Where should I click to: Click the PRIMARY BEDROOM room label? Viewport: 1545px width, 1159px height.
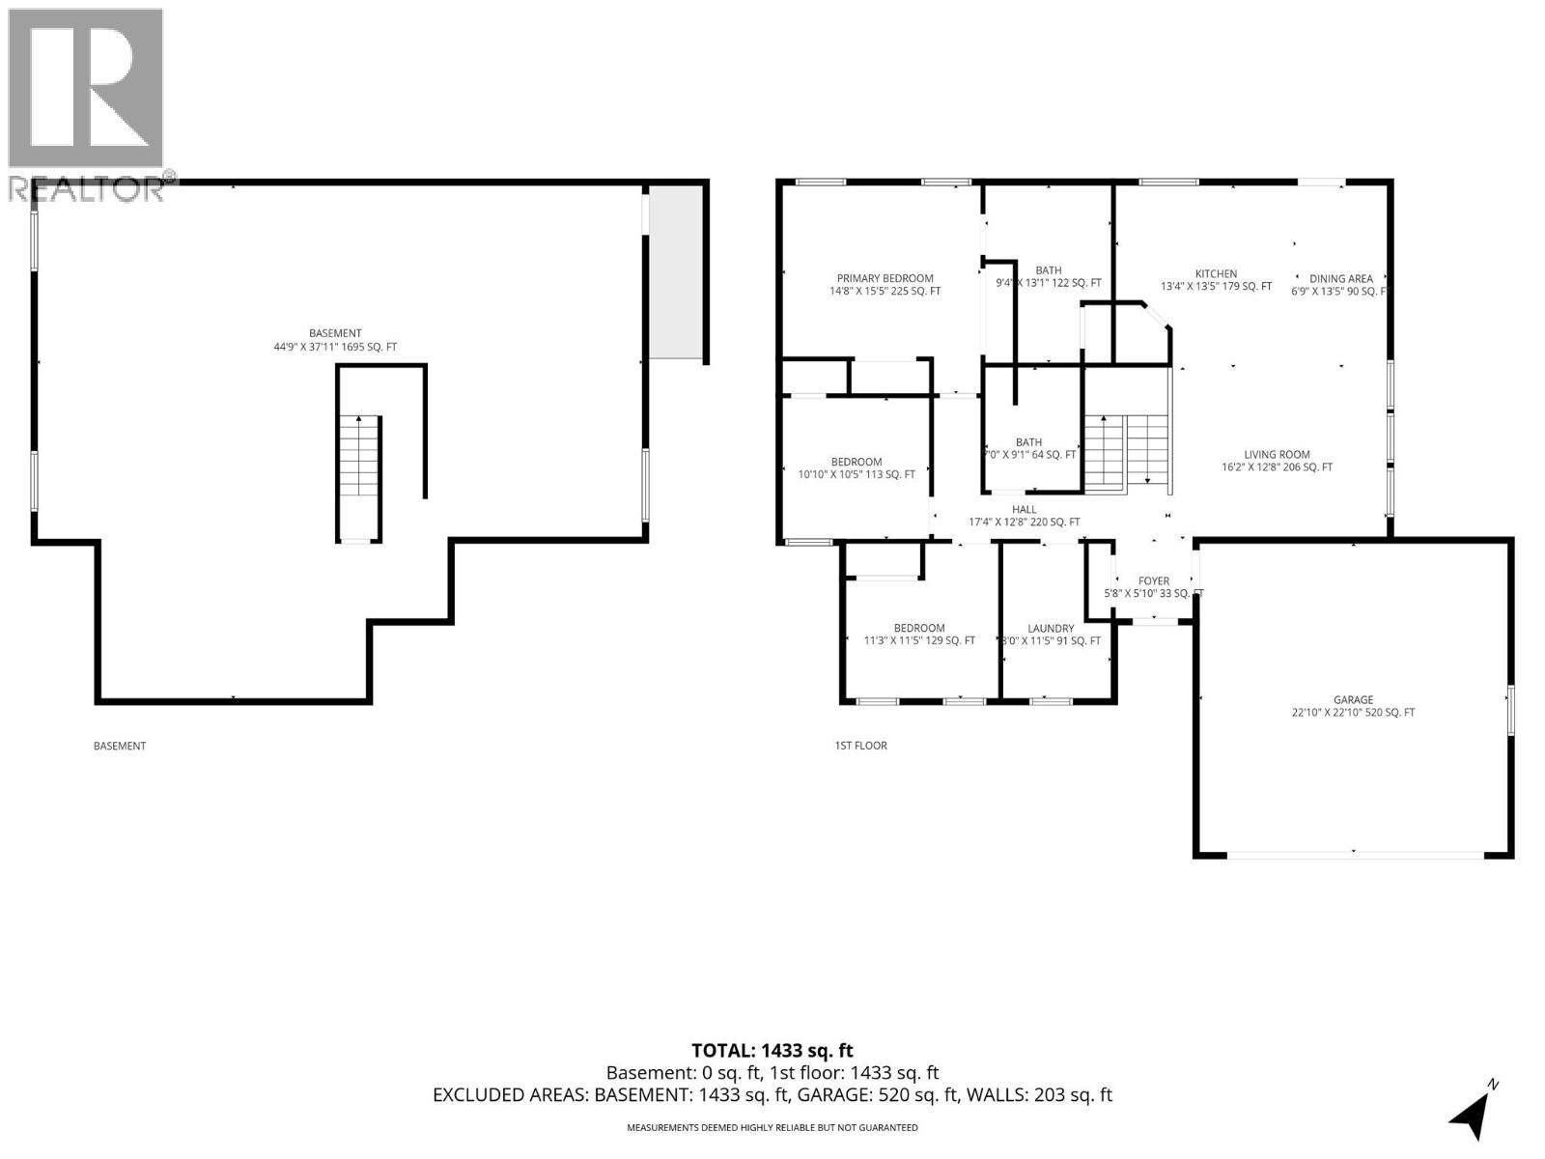pyautogui.click(x=885, y=278)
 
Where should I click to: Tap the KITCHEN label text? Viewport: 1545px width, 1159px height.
pyautogui.click(x=1216, y=274)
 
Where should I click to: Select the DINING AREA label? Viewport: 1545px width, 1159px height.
pyautogui.click(x=1340, y=279)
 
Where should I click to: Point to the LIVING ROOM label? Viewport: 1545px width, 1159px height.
pyautogui.click(x=1277, y=455)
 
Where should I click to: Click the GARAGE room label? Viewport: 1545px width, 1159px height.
pyautogui.click(x=1353, y=700)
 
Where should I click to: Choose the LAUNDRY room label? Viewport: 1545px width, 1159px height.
pyautogui.click(x=1051, y=629)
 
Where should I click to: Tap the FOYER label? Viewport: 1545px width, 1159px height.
pyautogui.click(x=1153, y=581)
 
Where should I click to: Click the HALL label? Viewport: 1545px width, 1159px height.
pyautogui.click(x=1025, y=510)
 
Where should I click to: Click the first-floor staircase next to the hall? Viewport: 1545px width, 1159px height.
pyautogui.click(x=1127, y=452)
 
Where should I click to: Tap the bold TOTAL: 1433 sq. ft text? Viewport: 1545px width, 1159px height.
pyautogui.click(x=772, y=1051)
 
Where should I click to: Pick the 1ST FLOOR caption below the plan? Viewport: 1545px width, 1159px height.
pyautogui.click(x=860, y=746)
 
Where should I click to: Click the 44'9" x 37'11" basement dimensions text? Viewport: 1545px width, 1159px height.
pyautogui.click(x=335, y=347)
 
